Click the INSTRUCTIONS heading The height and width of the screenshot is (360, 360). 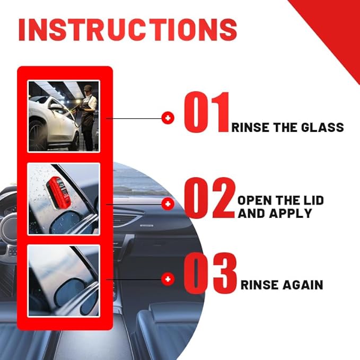tap(127, 30)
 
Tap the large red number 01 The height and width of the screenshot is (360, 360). tap(207, 112)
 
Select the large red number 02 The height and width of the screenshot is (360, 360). tap(209, 198)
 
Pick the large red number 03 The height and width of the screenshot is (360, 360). tap(210, 273)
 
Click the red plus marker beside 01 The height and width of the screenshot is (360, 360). tap(168, 118)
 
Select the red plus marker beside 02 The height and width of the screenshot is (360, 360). tap(168, 204)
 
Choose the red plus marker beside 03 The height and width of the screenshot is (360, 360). tap(168, 279)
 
